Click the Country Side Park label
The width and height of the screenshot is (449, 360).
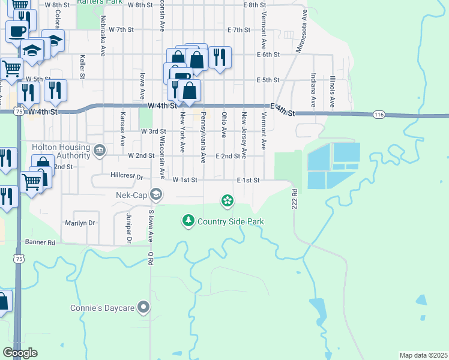click(231, 222)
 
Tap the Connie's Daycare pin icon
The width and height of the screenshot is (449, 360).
click(143, 307)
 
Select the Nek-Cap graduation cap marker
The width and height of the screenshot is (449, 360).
click(156, 194)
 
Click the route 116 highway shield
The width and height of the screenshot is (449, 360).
click(378, 114)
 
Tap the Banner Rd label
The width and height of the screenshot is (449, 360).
click(40, 242)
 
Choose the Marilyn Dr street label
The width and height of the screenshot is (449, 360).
click(80, 223)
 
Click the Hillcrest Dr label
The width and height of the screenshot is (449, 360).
click(126, 177)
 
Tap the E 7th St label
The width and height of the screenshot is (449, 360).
click(239, 29)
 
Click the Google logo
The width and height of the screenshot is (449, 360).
click(20, 353)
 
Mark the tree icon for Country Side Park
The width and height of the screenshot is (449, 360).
click(188, 221)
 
